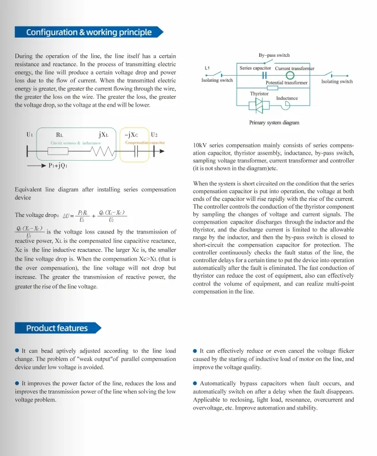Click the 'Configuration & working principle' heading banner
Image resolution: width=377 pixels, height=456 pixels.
pos(88,32)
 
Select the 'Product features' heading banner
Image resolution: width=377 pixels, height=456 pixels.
pos(57,328)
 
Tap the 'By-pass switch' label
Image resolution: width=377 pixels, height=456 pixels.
pos(274,55)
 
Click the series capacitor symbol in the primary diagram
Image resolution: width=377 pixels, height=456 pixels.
pos(264,76)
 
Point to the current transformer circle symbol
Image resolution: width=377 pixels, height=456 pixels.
pos(290,76)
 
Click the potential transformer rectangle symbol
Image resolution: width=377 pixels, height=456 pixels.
pos(272,87)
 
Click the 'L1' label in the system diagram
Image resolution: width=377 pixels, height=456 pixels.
pos(207,68)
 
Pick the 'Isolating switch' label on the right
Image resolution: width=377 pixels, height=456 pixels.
pos(337,82)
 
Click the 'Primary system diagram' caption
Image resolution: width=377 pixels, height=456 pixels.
pos(274,123)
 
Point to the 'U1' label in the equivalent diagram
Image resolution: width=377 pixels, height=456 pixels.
pos(30,135)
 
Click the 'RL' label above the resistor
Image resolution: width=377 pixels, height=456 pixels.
pos(60,135)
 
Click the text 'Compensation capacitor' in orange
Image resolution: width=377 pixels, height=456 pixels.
pos(145,143)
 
